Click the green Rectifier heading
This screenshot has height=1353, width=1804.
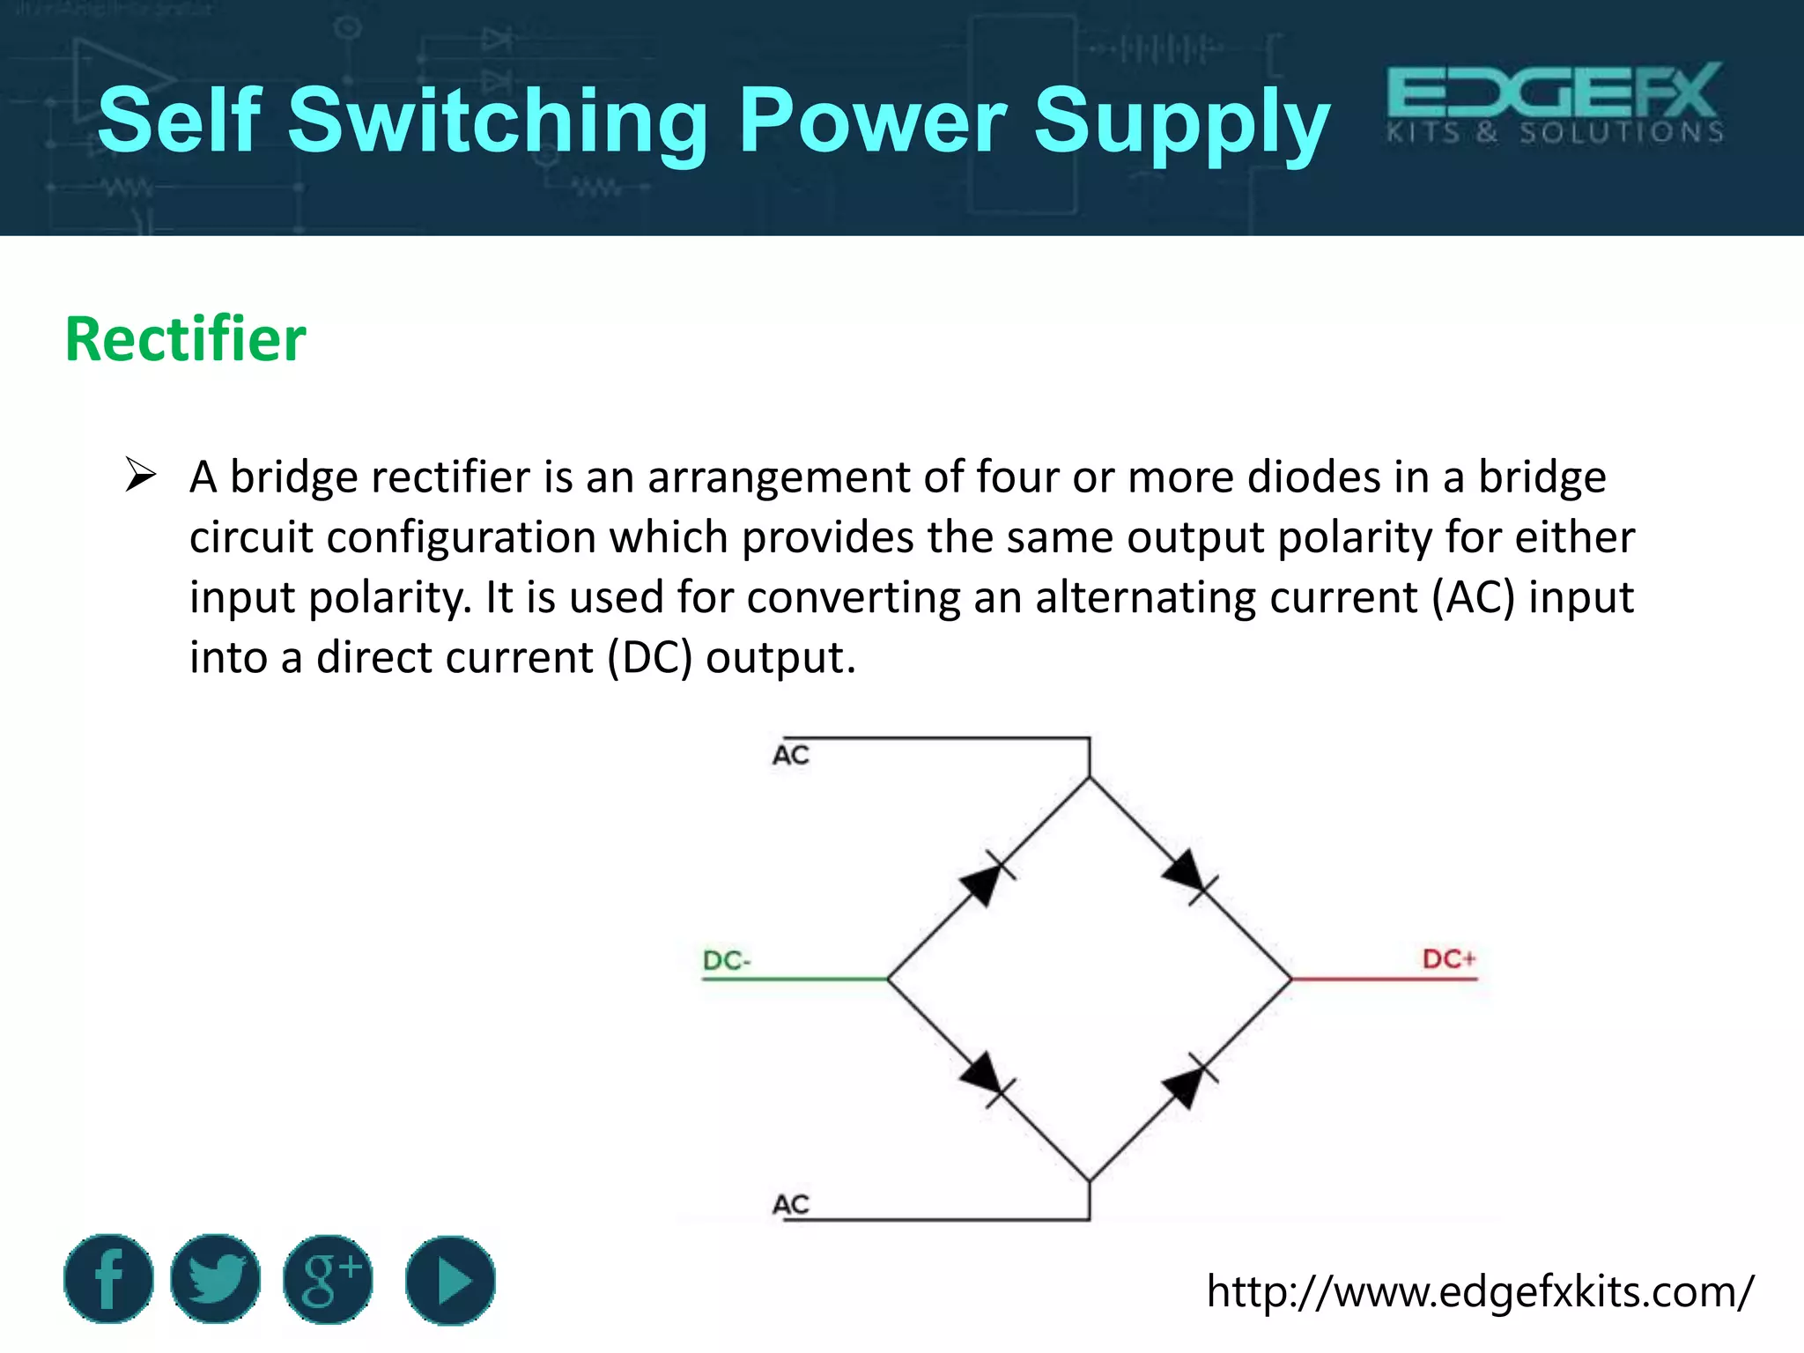tap(185, 339)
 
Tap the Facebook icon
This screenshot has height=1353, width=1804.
tap(108, 1279)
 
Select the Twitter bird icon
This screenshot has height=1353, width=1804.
tap(216, 1279)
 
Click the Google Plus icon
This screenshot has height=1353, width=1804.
tap(328, 1279)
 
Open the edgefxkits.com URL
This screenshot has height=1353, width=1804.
tap(1480, 1292)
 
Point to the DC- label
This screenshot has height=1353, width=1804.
tap(727, 960)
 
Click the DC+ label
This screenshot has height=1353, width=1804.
tap(1448, 958)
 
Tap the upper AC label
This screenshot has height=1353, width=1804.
tap(790, 755)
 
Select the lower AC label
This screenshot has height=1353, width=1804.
tap(790, 1204)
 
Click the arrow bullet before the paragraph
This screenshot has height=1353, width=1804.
tap(141, 476)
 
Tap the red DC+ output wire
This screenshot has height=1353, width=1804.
tap(1383, 979)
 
